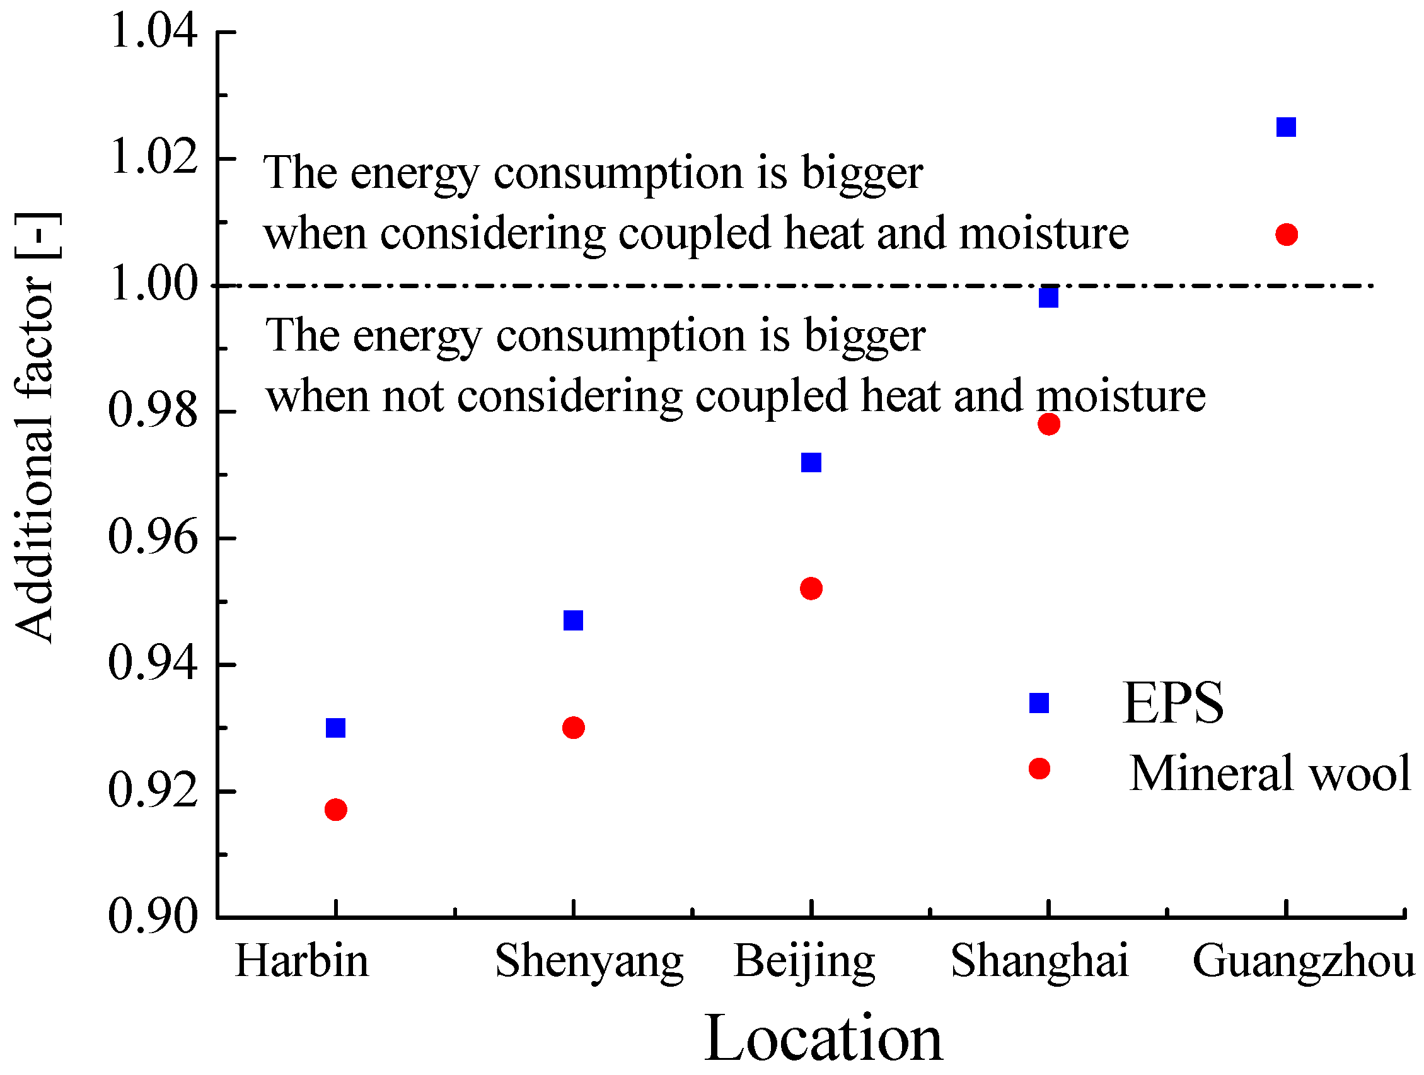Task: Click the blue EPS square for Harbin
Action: coord(335,728)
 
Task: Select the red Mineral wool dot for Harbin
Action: coord(335,809)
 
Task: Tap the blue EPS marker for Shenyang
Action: coord(573,620)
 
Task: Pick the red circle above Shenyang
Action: coord(573,728)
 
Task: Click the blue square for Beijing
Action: coord(811,462)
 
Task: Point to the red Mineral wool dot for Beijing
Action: coord(811,588)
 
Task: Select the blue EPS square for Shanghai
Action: coord(1048,298)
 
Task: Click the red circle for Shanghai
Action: coord(1048,424)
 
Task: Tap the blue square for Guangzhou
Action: coord(1285,127)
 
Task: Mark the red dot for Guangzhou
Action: coord(1285,235)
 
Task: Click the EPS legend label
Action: coord(1172,704)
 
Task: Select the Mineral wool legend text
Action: coord(1270,773)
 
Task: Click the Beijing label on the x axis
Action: coord(804,962)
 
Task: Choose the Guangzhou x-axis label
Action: coord(1303,962)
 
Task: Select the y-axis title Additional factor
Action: coord(35,428)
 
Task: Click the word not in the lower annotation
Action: coord(412,397)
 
